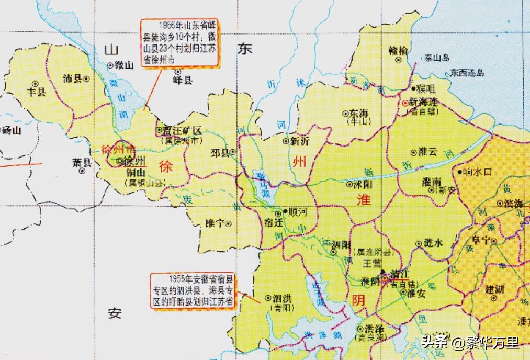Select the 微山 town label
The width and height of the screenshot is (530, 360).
point(124,65)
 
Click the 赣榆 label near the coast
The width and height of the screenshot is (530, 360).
point(398,51)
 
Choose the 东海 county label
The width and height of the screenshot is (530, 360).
point(359,113)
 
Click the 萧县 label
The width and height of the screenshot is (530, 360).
point(82,162)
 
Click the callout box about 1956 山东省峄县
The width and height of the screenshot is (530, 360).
point(179,43)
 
